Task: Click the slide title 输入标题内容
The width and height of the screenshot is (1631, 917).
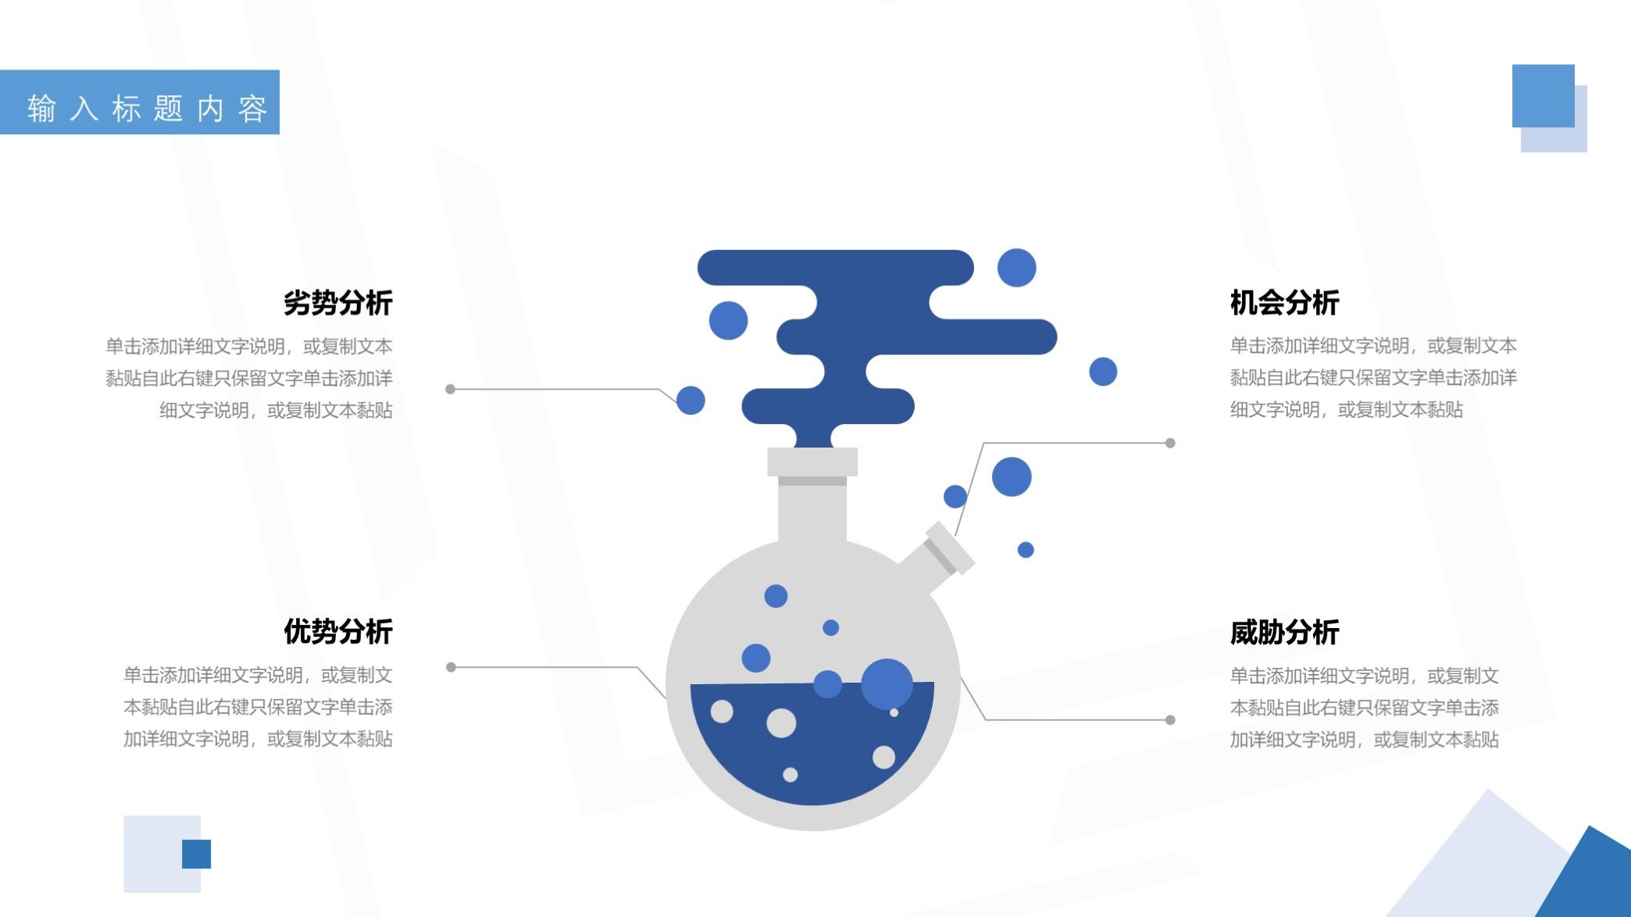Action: click(x=147, y=108)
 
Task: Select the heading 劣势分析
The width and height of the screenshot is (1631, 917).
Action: click(x=337, y=302)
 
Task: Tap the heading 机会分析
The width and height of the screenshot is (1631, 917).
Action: click(x=1284, y=302)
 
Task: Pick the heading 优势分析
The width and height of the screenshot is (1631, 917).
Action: click(x=337, y=631)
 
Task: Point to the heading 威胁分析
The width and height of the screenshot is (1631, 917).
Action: click(x=1284, y=632)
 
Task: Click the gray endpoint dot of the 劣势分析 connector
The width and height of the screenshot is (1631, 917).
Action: click(x=450, y=389)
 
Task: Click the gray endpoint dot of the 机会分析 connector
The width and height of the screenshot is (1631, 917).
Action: click(x=1170, y=443)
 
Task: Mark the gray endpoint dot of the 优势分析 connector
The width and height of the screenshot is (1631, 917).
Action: click(x=451, y=667)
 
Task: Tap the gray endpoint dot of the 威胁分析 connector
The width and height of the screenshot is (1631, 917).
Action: click(x=1170, y=720)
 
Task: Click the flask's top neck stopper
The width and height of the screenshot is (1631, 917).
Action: click(x=812, y=462)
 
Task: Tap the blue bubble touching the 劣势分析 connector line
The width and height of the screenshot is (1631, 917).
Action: click(x=691, y=400)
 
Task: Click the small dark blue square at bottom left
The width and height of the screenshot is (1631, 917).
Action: click(x=196, y=854)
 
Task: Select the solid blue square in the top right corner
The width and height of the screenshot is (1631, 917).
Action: click(x=1543, y=95)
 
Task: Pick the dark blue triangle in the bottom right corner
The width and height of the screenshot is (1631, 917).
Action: click(x=1594, y=879)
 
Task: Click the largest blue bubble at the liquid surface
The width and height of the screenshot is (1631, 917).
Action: click(x=887, y=683)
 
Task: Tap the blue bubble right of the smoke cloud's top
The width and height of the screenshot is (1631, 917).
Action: click(x=1016, y=268)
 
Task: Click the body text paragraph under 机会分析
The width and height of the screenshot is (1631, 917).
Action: click(x=1372, y=377)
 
